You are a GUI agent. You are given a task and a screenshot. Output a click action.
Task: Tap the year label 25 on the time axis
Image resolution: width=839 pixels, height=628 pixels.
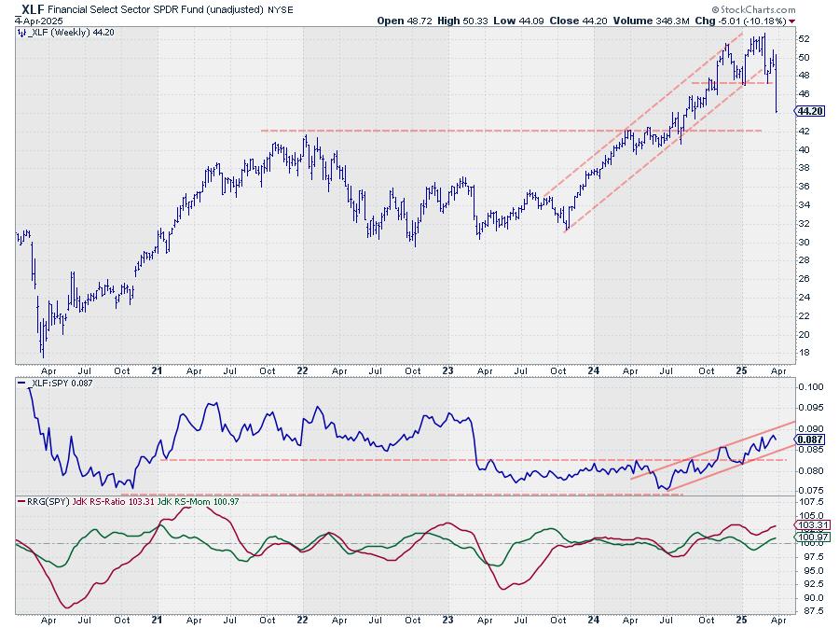740,370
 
